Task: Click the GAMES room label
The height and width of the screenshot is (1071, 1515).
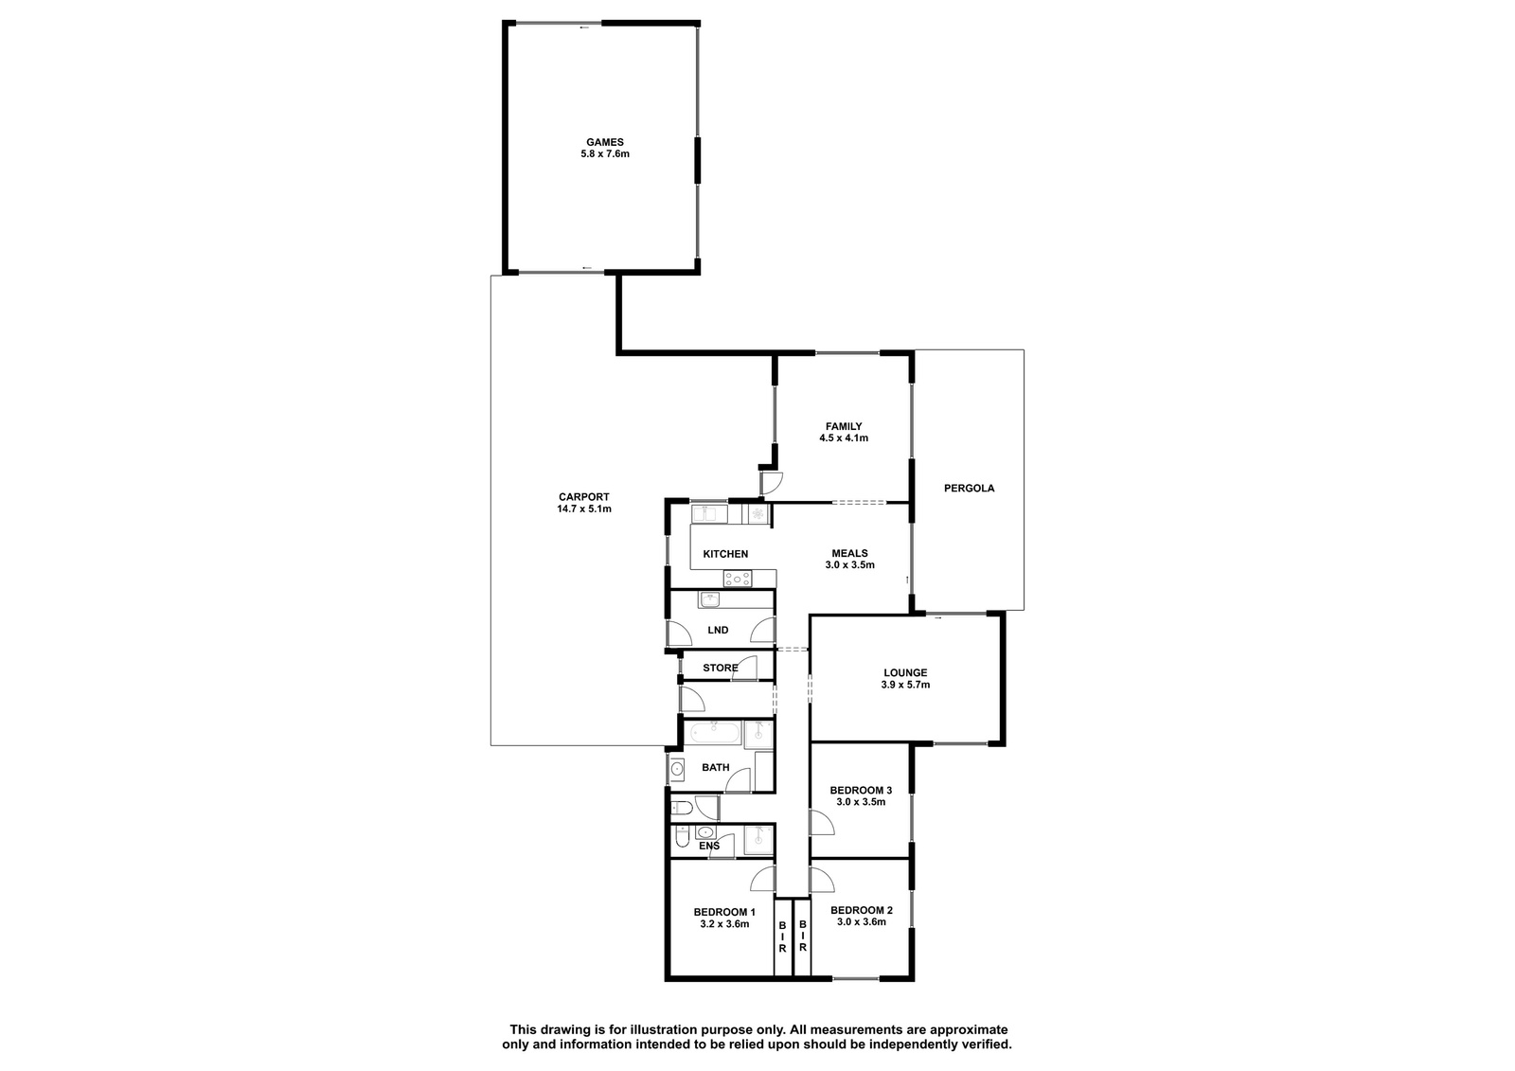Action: pos(605,142)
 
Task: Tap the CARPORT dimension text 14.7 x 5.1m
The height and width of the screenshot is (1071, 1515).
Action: pos(583,509)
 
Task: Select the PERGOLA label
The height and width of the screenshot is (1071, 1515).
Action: pos(970,488)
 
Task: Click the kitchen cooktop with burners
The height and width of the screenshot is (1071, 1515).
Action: pos(738,579)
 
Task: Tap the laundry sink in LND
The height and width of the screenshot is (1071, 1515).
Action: pos(710,599)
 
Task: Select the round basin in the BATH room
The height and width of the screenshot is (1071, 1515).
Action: pos(676,769)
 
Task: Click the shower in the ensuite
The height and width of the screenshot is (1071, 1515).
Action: pos(758,841)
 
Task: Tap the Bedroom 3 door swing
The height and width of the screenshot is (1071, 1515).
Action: pos(822,822)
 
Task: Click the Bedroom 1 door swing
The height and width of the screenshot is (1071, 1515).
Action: pos(762,879)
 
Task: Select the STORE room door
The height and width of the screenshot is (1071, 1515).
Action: pos(743,669)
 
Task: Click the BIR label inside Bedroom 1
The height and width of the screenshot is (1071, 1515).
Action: pos(782,937)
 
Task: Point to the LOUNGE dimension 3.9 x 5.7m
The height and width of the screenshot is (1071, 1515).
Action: pos(905,685)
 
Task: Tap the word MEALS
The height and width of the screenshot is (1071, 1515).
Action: pos(849,553)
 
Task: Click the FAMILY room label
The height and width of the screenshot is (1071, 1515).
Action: pos(844,426)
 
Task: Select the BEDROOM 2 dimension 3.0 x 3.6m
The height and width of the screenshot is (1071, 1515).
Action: pos(861,921)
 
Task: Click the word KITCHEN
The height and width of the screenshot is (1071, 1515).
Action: pos(725,554)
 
